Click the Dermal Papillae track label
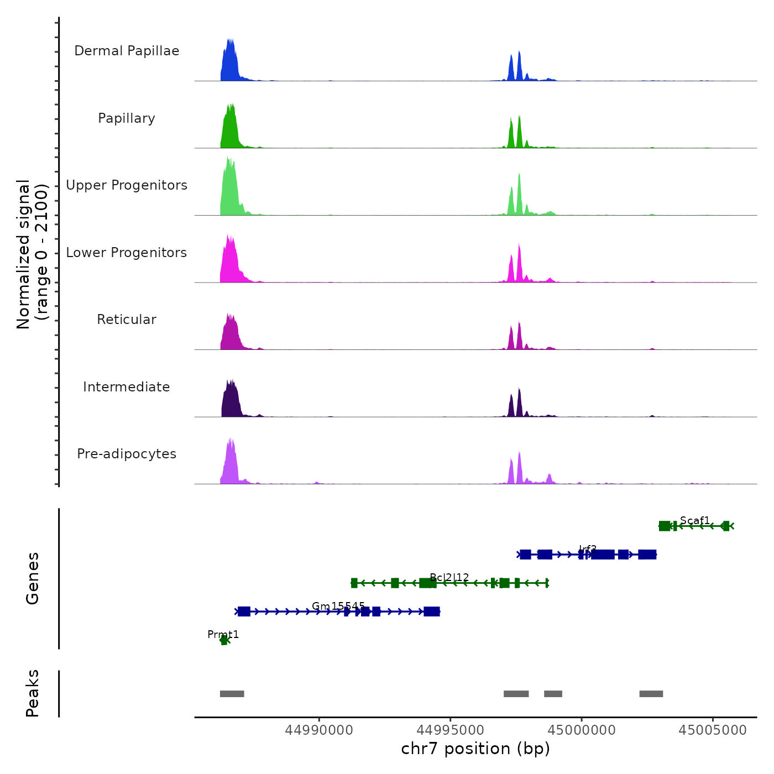127,51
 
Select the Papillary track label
127,118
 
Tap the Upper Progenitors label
127,185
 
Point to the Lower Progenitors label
127,253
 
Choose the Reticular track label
127,320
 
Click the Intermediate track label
127,387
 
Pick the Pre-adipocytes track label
127,454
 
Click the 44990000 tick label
319,730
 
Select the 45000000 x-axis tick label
582,730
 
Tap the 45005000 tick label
713,730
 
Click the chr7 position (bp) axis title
475,749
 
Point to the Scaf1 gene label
695,520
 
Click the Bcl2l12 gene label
449,577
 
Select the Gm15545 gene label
338,606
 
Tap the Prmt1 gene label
223,634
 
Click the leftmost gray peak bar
232,694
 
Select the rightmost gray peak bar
651,694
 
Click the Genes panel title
33,578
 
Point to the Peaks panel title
33,693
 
